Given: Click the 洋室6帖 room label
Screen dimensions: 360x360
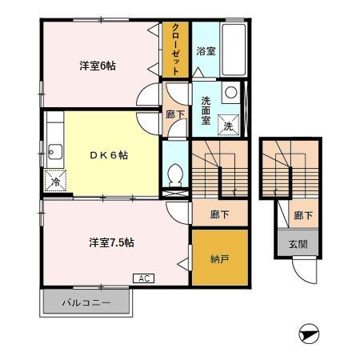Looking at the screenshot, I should click(98, 66).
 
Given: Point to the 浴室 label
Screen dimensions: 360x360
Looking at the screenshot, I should click(206, 51).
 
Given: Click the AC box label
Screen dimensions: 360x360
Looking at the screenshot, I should click(144, 278).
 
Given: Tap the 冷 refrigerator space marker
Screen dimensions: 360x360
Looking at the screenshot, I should click(55, 182).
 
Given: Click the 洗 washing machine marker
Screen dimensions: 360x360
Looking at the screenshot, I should click(228, 126).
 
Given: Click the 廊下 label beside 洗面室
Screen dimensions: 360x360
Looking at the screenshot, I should click(174, 114).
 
